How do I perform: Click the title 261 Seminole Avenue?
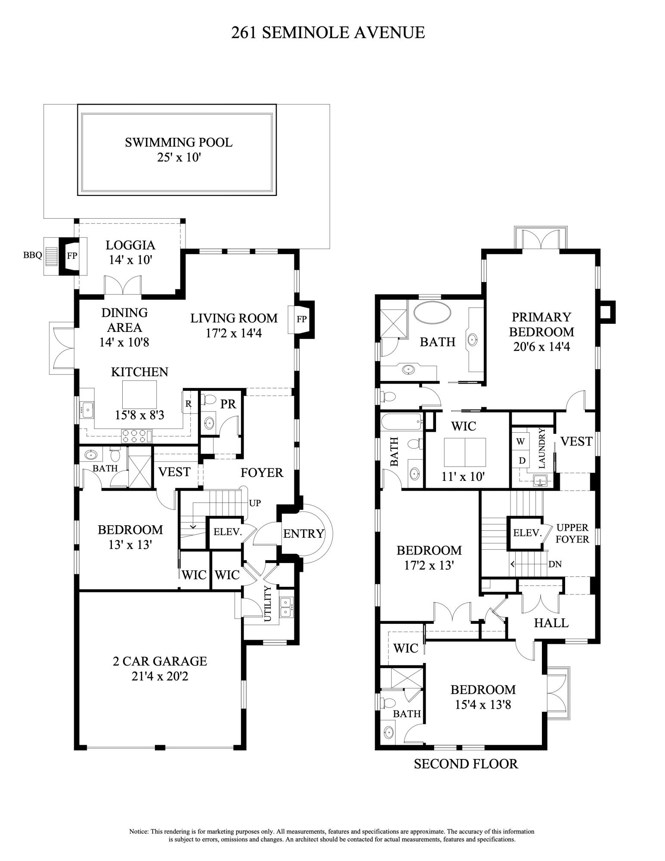(328, 33)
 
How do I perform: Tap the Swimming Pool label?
(179, 142)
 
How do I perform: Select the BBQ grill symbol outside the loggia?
(51, 257)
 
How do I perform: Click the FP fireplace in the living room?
(302, 319)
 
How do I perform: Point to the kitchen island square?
(139, 394)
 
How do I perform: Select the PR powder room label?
(228, 404)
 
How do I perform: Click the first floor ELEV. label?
(228, 532)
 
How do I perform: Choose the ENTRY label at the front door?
(303, 534)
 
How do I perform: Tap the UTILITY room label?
(267, 604)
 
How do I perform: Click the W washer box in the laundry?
(520, 441)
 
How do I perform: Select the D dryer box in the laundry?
(522, 461)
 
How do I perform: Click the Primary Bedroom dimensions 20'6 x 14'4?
(541, 347)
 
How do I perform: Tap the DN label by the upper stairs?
(555, 564)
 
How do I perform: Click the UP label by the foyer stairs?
(255, 503)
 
